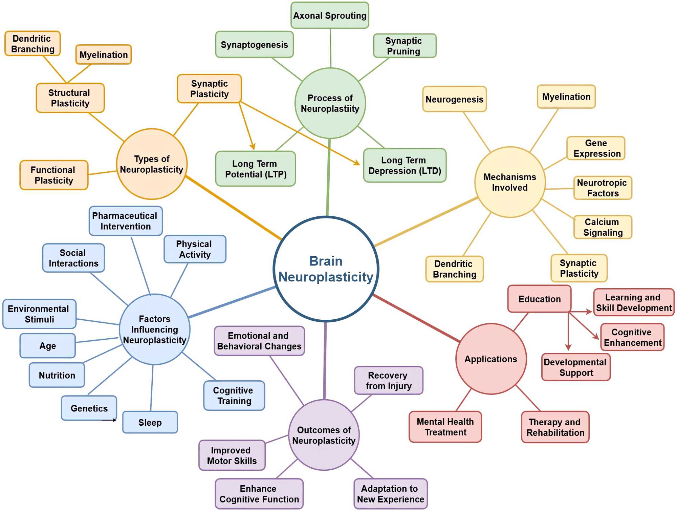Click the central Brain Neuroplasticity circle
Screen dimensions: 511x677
coord(326,269)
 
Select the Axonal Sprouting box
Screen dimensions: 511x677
coord(330,16)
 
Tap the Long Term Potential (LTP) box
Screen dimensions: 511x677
coord(256,169)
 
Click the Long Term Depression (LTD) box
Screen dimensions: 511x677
coord(405,165)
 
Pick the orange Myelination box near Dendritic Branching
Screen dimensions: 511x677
coord(104,55)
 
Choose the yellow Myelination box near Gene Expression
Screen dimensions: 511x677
coord(566,97)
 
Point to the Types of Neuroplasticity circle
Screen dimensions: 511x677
coord(152,164)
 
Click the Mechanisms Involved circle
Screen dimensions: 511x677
coord(510,182)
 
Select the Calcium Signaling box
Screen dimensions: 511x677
coord(603,227)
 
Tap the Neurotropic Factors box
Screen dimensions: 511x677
coord(603,188)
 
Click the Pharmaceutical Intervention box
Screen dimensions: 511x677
coord(126,221)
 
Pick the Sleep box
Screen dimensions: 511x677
coord(150,422)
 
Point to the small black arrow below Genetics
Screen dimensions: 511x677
coord(110,420)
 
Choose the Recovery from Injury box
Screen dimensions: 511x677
coord(389,381)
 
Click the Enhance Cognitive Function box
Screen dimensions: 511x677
coord(259,494)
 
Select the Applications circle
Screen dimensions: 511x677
coord(491,359)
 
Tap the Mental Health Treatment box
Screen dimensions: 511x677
coord(445,427)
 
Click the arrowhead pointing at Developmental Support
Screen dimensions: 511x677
coord(568,347)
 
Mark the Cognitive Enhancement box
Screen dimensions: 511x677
coord(632,337)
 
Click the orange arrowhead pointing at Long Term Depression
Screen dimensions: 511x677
coord(357,163)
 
